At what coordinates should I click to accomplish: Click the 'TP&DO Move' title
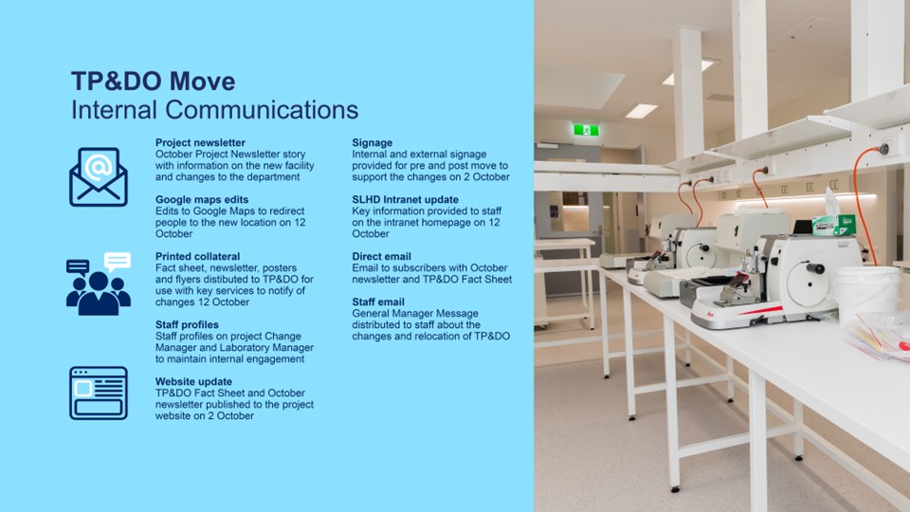pos(154,82)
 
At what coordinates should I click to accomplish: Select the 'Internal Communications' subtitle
pos(215,110)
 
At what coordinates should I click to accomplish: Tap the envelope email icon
pos(99,177)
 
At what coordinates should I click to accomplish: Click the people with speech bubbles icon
pos(99,283)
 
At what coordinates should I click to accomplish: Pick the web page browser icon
pos(99,393)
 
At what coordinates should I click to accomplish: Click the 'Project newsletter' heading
pos(200,143)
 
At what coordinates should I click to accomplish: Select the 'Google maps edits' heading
pos(201,200)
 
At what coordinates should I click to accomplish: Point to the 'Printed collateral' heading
pos(197,257)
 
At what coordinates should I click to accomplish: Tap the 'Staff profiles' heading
pos(187,325)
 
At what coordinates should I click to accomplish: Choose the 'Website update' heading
pos(193,382)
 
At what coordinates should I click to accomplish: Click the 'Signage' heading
pos(372,143)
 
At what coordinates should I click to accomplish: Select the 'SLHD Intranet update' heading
pos(405,200)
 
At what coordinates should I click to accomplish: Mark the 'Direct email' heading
pos(381,257)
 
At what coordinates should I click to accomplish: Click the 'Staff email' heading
pos(378,302)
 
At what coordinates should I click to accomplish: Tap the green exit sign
pos(586,130)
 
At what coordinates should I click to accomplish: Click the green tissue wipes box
pos(834,225)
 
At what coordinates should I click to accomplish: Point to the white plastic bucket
pos(865,296)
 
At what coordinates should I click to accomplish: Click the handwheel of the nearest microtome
pos(808,278)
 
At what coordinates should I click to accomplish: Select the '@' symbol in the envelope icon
pos(98,167)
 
